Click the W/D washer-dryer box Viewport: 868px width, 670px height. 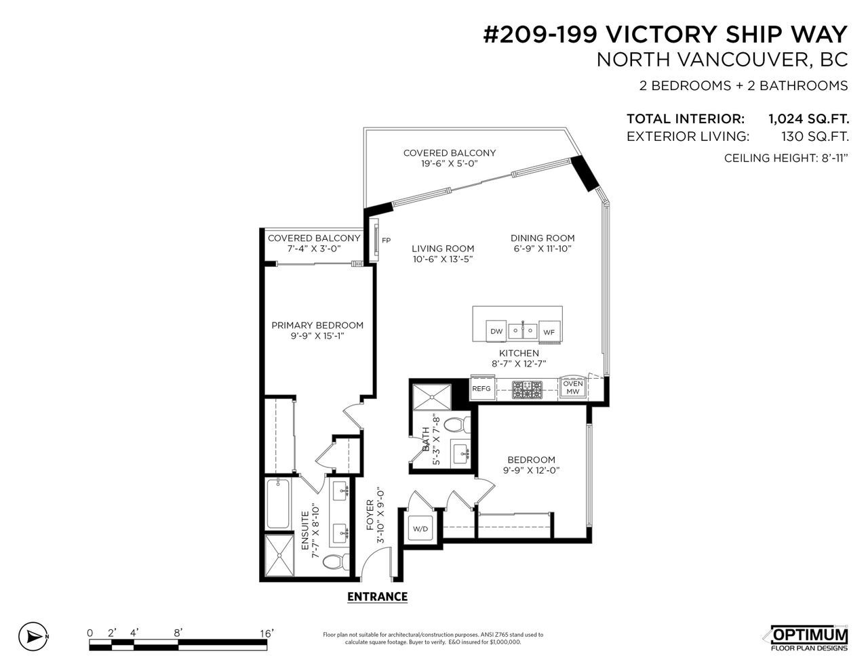click(420, 528)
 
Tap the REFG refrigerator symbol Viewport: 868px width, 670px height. click(481, 388)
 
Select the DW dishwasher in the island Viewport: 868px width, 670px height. click(496, 331)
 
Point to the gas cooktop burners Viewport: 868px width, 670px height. click(528, 390)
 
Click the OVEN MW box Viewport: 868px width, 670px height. click(573, 387)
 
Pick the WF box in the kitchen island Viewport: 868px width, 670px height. click(549, 331)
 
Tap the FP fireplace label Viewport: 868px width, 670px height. click(386, 240)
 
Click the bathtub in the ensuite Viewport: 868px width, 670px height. click(277, 503)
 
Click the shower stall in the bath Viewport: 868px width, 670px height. click(432, 397)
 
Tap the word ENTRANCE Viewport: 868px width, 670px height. click(378, 597)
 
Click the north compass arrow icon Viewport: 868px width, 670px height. click(33, 637)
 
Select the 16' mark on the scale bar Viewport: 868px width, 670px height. click(267, 633)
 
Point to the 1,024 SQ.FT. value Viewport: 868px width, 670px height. click(808, 119)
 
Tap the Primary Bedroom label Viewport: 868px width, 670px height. click(317, 325)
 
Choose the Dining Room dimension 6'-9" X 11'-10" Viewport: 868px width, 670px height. click(542, 249)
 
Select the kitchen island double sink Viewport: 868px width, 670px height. click(522, 331)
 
